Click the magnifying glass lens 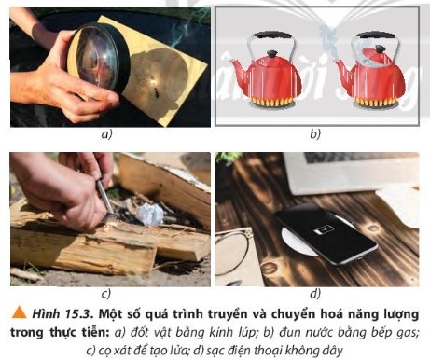pyautogui.click(x=97, y=59)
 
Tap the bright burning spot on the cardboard pyautogui.click(x=152, y=82)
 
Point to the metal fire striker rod pyautogui.click(x=104, y=197)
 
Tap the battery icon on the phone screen pyautogui.click(x=325, y=230)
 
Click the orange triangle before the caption pyautogui.click(x=19, y=312)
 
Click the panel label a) pyautogui.click(x=106, y=134)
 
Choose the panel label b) pyautogui.click(x=315, y=134)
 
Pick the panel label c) pyautogui.click(x=106, y=294)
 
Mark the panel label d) pyautogui.click(x=315, y=294)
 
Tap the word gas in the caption pyautogui.click(x=407, y=333)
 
